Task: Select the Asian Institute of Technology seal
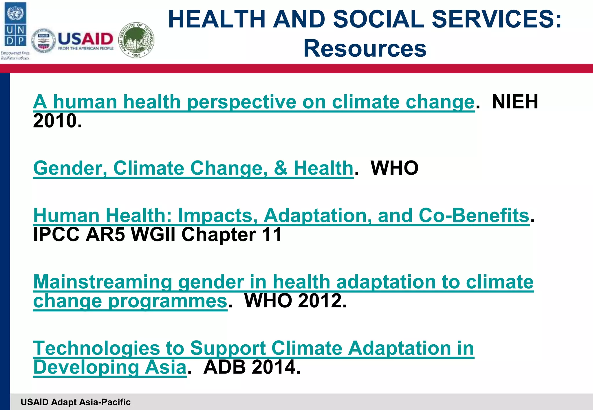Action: click(x=137, y=40)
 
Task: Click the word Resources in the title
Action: click(x=365, y=49)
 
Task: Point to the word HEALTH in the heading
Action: click(x=217, y=19)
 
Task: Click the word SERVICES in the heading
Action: click(x=496, y=19)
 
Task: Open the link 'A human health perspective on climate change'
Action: click(x=254, y=102)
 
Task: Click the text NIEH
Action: click(x=515, y=102)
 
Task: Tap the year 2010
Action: click(x=57, y=121)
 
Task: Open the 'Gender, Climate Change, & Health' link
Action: click(x=193, y=168)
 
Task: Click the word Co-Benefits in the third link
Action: click(x=474, y=216)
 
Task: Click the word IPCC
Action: click(x=56, y=234)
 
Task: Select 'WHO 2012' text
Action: click(x=295, y=301)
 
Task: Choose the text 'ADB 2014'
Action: click(x=252, y=367)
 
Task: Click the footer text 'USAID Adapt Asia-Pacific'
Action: click(x=76, y=402)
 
